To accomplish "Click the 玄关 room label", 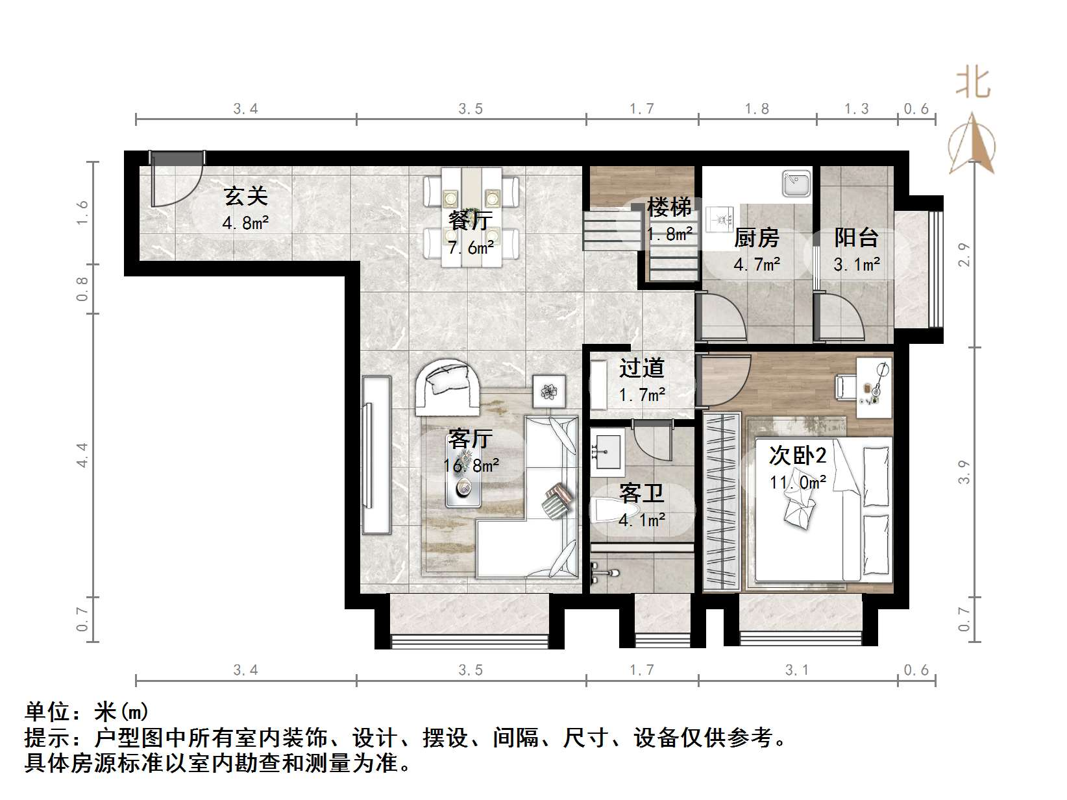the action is [245, 196].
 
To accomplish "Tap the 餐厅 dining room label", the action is [470, 221].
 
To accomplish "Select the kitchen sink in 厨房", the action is [796, 184].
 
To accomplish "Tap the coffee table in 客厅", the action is [464, 478].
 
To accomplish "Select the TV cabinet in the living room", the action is [376, 455].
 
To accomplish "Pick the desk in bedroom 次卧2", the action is [874, 387].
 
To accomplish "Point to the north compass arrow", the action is [972, 144].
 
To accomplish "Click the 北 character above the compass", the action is [973, 84].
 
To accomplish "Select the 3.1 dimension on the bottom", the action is [797, 670].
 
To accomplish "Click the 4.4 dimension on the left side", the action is [82, 455].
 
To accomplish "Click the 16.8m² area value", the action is [471, 465].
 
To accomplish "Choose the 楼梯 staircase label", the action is [669, 208].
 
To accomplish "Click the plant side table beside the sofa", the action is [549, 391].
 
